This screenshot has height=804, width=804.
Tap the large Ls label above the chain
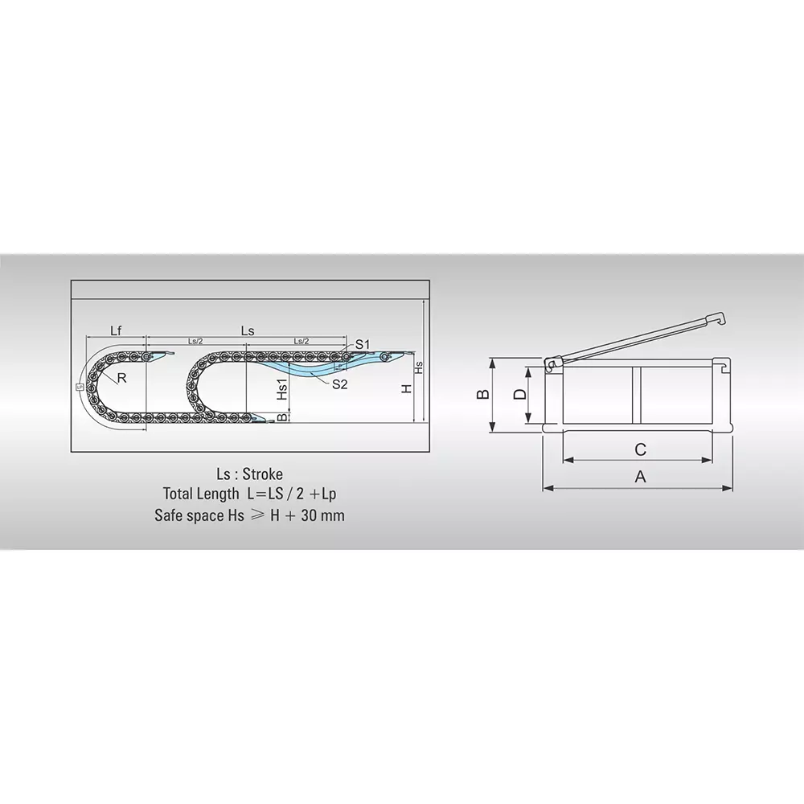(x=248, y=330)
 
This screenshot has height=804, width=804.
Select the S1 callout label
(x=362, y=344)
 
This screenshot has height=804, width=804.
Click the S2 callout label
(x=338, y=384)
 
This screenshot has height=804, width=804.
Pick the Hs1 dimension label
(x=282, y=390)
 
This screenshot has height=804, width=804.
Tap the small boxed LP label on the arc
(x=80, y=387)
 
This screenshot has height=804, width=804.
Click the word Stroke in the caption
(x=262, y=474)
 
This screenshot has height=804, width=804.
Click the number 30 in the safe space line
(x=310, y=515)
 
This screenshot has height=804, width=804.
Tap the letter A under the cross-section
(x=641, y=476)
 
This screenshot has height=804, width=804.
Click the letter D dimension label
(x=519, y=394)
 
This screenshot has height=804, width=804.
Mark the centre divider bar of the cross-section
(x=636, y=396)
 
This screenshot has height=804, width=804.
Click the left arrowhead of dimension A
(x=547, y=487)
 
